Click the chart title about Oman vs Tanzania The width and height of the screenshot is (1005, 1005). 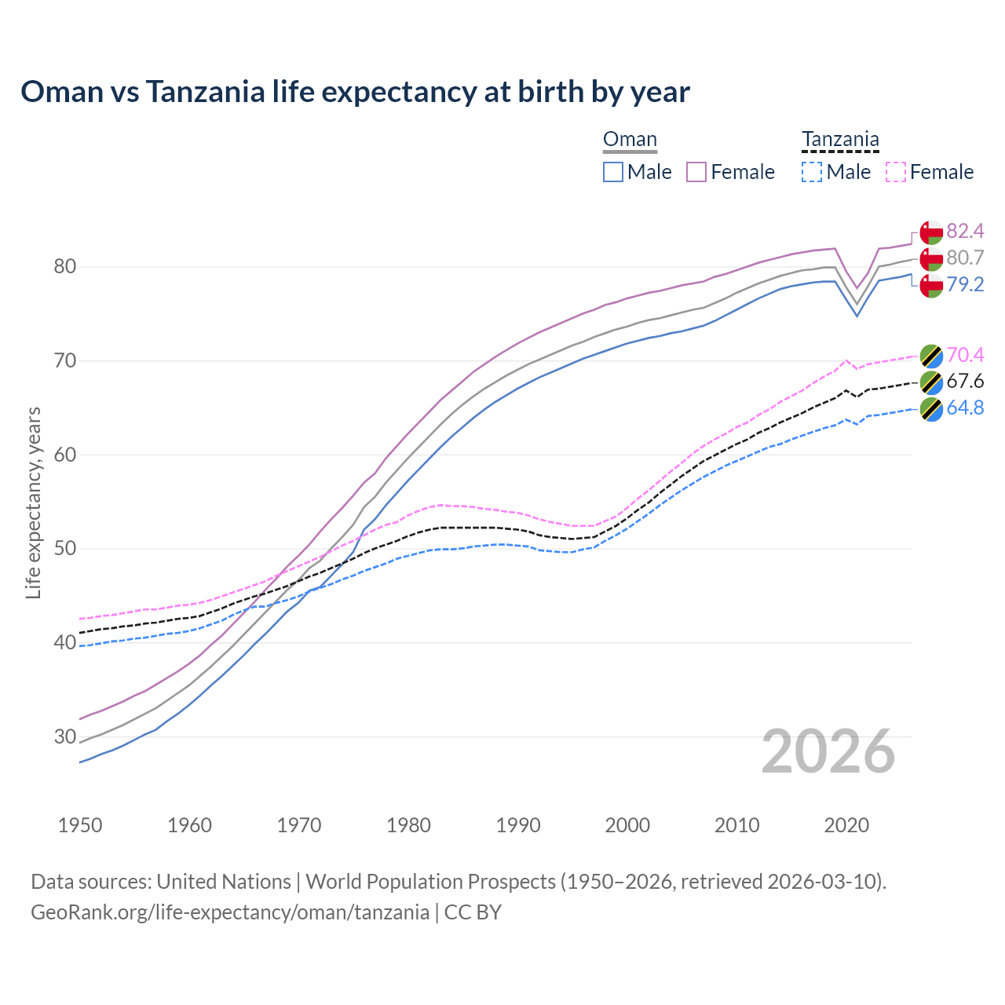pos(355,92)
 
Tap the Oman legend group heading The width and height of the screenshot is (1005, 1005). pos(630,140)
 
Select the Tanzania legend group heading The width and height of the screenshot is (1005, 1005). pos(840,140)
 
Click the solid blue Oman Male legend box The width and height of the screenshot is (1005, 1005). pos(613,172)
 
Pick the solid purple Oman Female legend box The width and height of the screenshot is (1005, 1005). pos(696,172)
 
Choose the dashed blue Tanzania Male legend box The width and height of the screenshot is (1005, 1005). pos(812,172)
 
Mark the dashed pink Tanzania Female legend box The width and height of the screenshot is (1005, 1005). pos(896,172)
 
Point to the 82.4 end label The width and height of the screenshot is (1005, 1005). pos(965,231)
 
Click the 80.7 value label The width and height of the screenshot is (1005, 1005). pos(965,258)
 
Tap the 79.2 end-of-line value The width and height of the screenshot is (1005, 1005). pos(965,284)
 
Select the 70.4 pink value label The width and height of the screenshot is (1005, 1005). pos(965,355)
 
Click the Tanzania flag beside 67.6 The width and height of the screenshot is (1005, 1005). pos(931,382)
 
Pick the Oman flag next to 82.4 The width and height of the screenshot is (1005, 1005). pos(931,232)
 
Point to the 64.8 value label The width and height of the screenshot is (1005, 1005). pos(965,408)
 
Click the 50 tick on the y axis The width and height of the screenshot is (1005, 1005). pos(64,549)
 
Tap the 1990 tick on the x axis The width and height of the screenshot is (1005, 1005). pos(518,825)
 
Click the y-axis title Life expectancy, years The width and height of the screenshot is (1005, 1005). pos(33,502)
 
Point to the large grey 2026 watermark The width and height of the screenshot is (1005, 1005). pos(828,751)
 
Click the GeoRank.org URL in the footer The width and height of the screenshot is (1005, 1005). pos(230,912)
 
